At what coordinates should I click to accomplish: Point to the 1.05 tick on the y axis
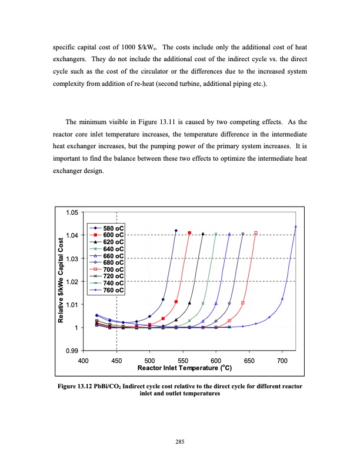pos(71,213)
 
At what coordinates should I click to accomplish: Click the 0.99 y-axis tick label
pos(71,351)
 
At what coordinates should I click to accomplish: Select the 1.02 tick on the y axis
pos(71,282)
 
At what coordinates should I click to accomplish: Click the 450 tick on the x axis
pos(116,360)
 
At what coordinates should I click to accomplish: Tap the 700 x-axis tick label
pos(282,360)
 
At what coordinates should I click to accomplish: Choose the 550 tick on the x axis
pos(182,360)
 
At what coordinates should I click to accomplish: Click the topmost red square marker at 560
pos(189,233)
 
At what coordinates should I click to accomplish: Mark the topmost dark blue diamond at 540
pos(176,231)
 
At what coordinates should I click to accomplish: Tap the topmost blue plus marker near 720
pos(295,227)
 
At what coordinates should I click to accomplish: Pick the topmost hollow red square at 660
pos(256,233)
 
